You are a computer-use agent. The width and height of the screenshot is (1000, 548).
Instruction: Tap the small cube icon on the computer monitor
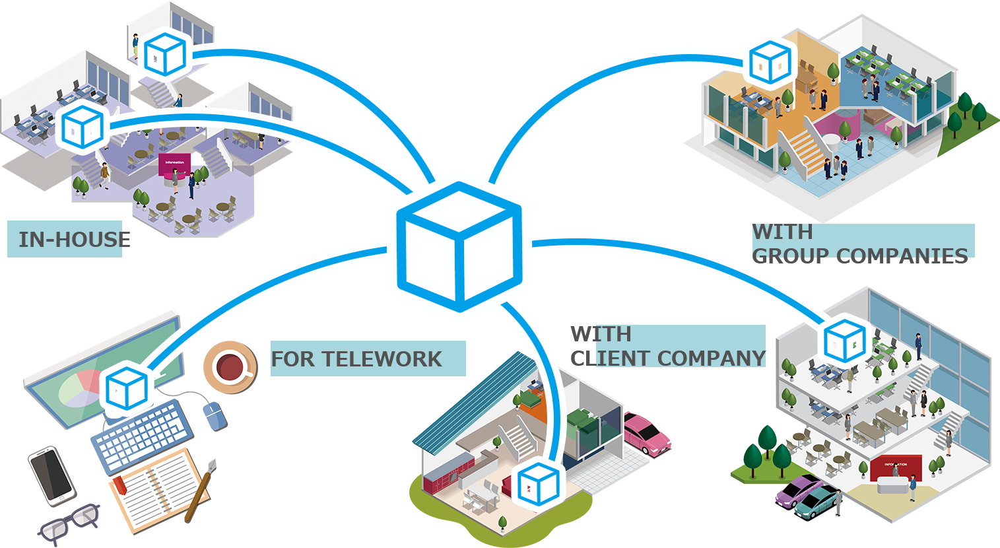pyautogui.click(x=125, y=388)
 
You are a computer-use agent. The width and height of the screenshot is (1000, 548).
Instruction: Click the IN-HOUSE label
pyautogui.click(x=73, y=239)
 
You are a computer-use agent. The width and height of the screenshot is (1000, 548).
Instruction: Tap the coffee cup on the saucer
pyautogui.click(x=229, y=366)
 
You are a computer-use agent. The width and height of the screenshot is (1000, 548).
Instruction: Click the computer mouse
pyautogui.click(x=214, y=415)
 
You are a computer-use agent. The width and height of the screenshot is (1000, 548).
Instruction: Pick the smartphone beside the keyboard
pyautogui.click(x=51, y=475)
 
